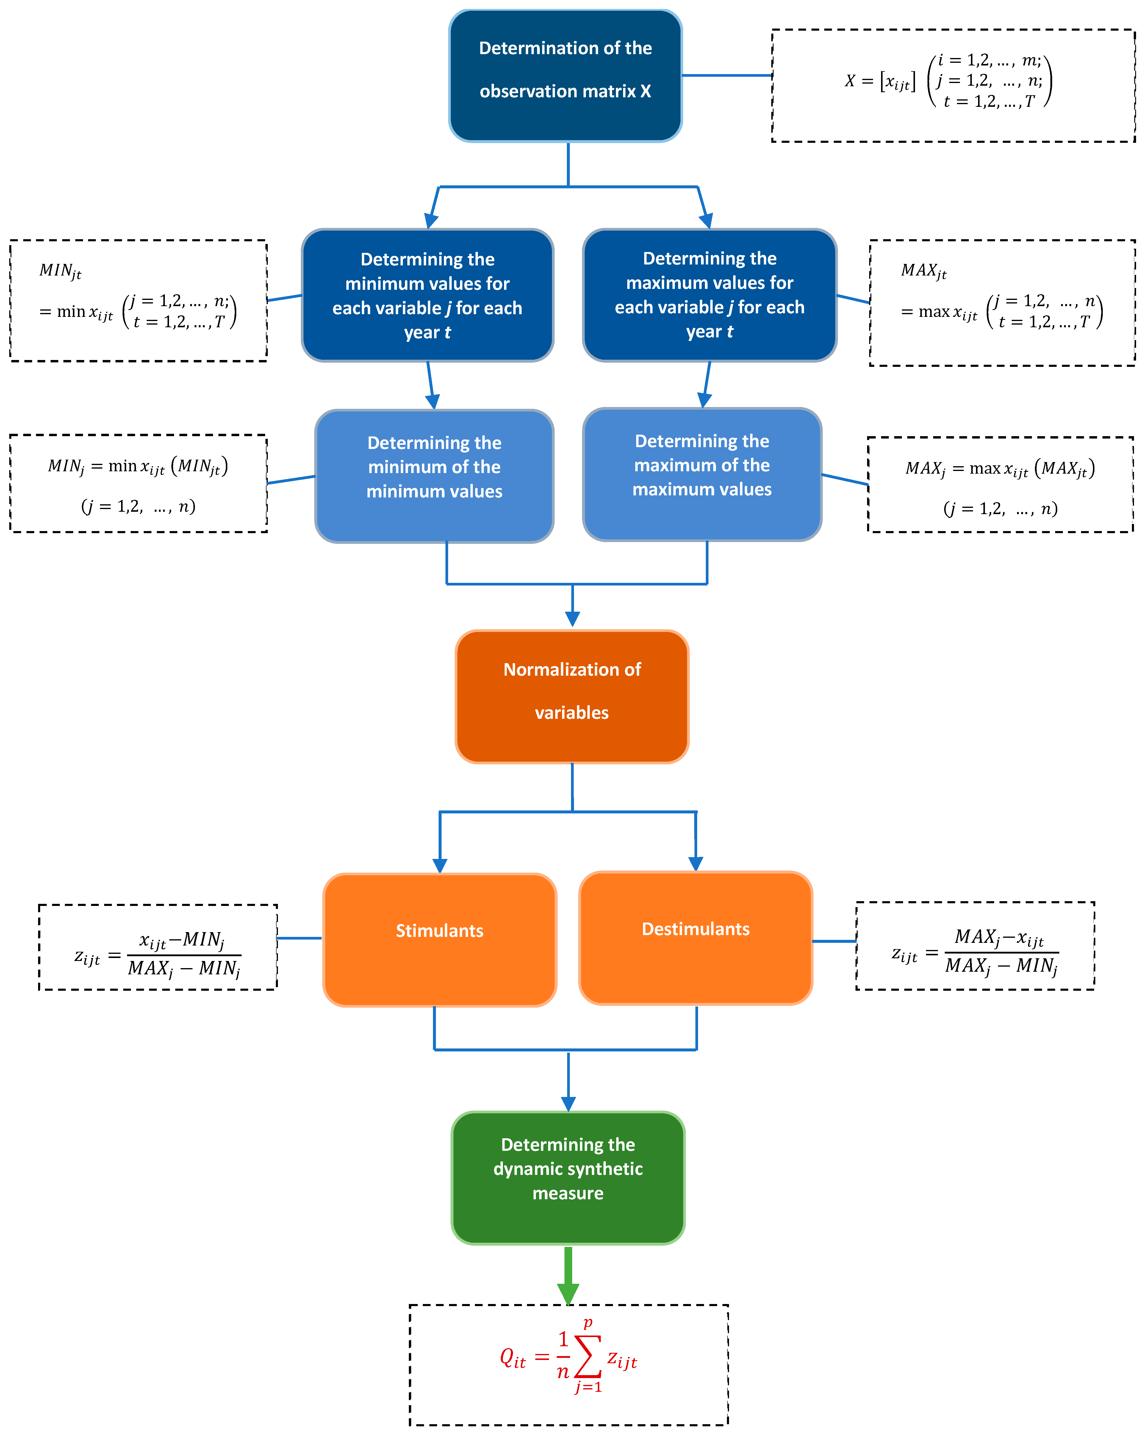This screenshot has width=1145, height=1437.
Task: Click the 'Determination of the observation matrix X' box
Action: click(565, 75)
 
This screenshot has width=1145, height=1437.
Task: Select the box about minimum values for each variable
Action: click(427, 295)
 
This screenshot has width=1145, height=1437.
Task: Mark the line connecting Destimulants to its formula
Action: click(834, 941)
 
